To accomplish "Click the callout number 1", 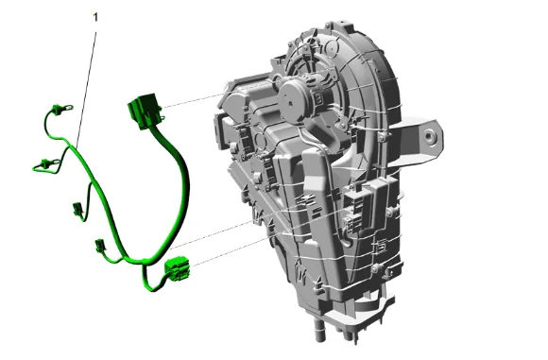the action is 95,17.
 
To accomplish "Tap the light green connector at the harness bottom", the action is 178,268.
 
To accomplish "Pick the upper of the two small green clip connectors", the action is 77,209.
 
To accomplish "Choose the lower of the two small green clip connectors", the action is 99,245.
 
